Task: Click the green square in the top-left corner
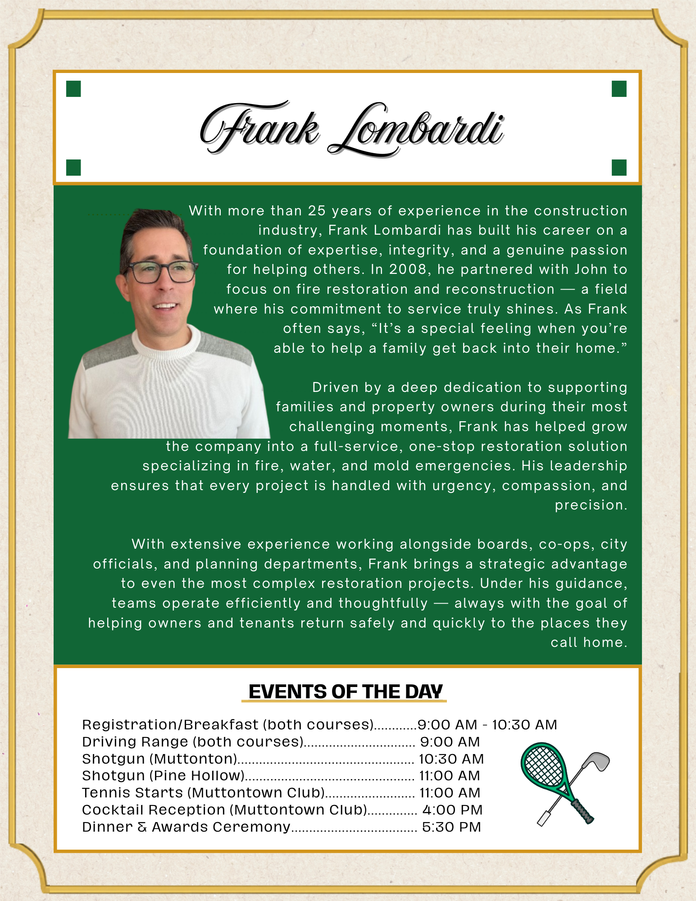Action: point(73,89)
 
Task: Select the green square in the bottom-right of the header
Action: point(619,168)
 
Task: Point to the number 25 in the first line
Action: point(317,211)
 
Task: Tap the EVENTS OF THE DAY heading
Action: point(345,692)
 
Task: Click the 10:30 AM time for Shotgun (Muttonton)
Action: point(451,759)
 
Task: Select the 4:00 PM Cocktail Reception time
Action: point(452,810)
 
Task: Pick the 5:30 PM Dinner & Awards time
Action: point(451,827)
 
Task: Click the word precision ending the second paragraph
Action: point(591,505)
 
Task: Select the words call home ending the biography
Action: point(588,642)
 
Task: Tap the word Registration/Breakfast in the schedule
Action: point(170,725)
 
